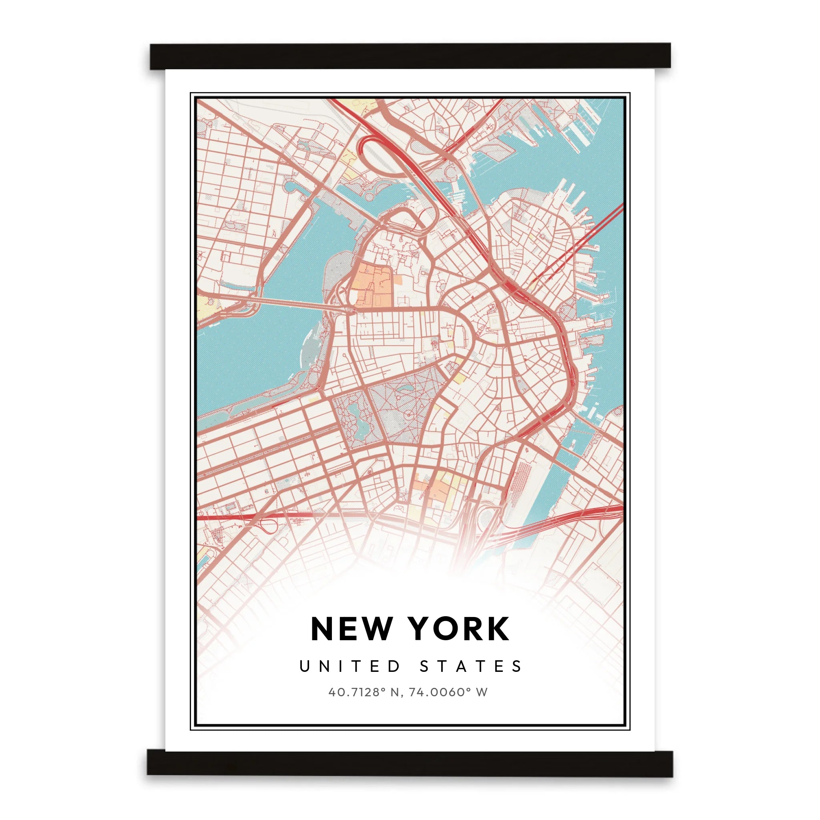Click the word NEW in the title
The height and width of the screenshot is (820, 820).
tap(351, 629)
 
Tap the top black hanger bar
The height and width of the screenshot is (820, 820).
tap(410, 56)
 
